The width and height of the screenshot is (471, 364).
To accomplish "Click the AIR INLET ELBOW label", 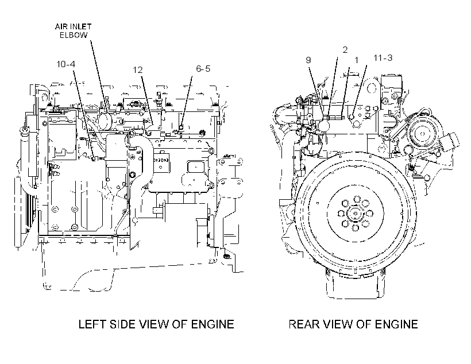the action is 73,31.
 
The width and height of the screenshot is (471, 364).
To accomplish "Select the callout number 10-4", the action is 66,64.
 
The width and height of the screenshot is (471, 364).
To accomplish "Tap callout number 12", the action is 138,70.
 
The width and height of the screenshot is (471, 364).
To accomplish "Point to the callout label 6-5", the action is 203,69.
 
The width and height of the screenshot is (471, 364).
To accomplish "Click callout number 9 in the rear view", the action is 308,60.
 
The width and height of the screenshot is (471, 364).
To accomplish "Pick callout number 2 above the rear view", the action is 345,50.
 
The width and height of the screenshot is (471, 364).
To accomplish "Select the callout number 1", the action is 357,60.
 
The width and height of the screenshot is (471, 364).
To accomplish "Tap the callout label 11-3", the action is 383,57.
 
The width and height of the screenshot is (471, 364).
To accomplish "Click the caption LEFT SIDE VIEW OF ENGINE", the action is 156,324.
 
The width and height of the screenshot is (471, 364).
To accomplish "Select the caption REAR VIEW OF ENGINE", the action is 353,324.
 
